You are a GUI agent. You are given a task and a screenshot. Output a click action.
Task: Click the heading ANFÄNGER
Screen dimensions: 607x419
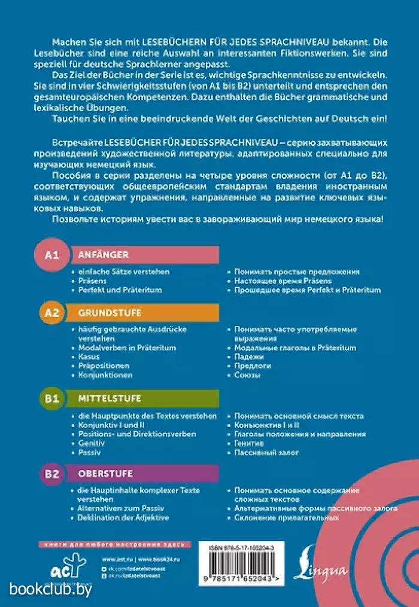(x=104, y=255)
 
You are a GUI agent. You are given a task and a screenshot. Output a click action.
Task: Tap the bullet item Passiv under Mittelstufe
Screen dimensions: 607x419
(x=89, y=453)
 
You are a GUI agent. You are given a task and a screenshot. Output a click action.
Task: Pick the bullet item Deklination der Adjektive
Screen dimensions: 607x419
(x=123, y=517)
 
